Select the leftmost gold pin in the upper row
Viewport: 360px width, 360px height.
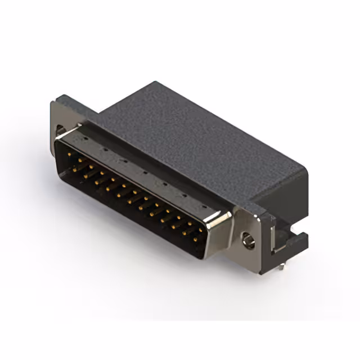click(x=69, y=152)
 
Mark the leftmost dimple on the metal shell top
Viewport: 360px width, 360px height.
click(x=85, y=137)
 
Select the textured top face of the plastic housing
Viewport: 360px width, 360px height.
click(x=191, y=135)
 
